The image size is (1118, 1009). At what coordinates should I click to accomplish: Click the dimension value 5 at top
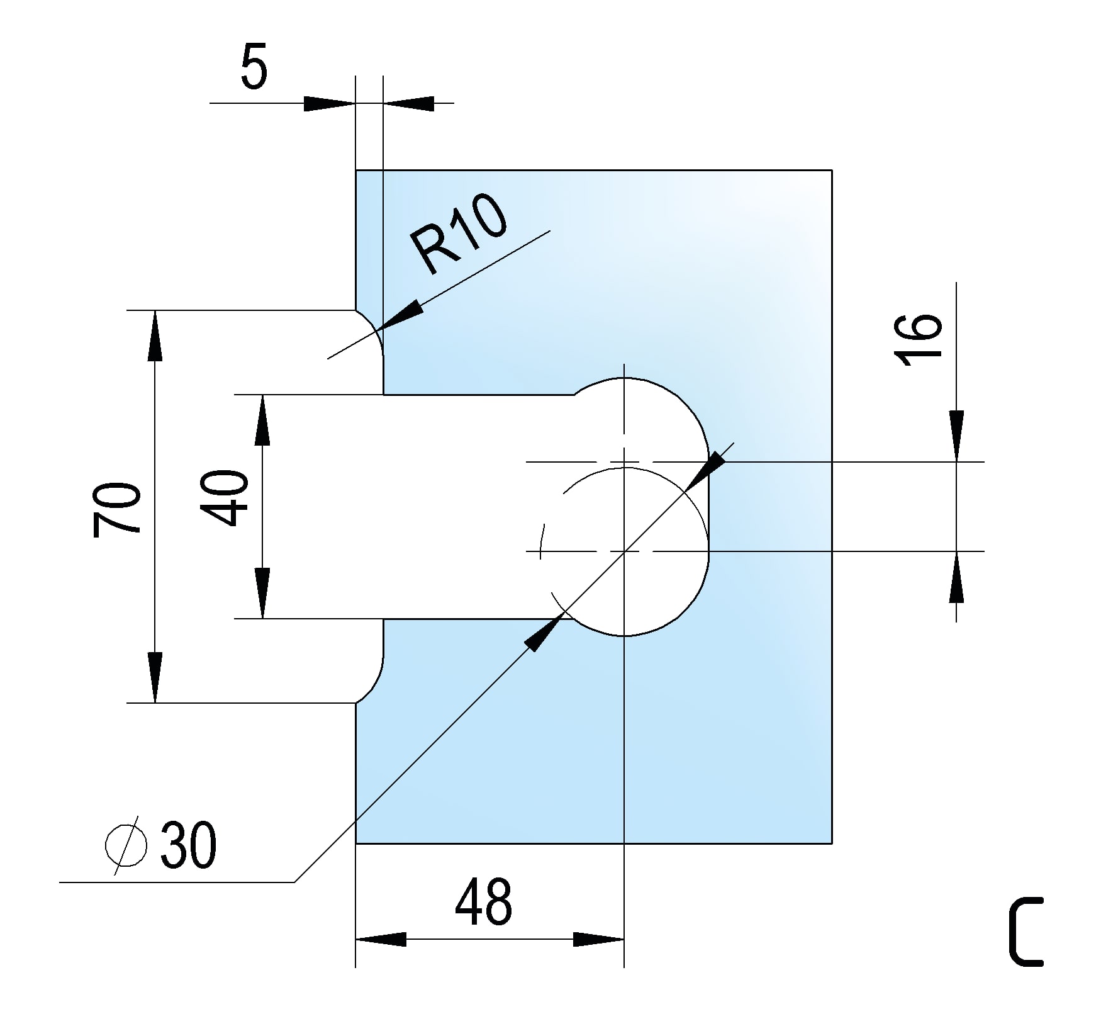coord(254,67)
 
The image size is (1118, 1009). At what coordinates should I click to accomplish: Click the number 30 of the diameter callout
coord(188,845)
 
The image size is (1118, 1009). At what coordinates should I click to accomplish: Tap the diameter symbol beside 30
coord(126,845)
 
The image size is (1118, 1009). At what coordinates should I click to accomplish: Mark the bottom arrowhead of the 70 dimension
coord(155,677)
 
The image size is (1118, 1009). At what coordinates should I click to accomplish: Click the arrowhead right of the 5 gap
coord(409,103)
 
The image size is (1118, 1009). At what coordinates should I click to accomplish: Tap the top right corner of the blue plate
coord(832,170)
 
